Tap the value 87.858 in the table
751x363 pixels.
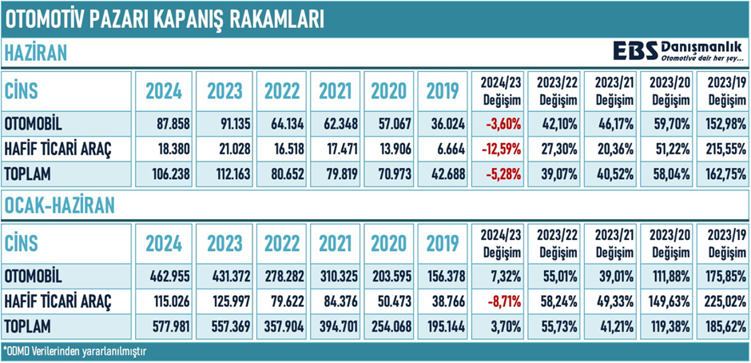point(165,126)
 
